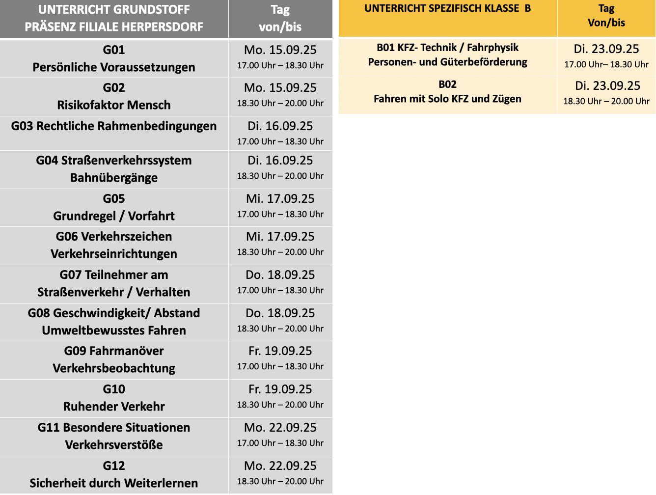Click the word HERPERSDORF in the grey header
click(x=164, y=27)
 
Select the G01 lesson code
click(x=114, y=50)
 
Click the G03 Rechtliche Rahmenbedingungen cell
click(x=114, y=126)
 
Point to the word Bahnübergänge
click(x=114, y=178)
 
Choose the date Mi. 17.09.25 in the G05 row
click(x=280, y=199)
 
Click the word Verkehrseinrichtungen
click(x=114, y=254)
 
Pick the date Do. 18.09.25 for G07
click(x=280, y=275)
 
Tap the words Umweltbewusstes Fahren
click(x=114, y=330)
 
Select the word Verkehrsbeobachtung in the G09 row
click(x=114, y=368)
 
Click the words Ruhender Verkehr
click(x=114, y=407)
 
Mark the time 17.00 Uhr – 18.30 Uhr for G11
click(x=280, y=443)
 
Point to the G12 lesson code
click(x=114, y=466)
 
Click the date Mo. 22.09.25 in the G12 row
click(x=280, y=466)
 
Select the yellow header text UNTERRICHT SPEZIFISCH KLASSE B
click(x=448, y=8)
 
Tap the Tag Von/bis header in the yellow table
click(x=606, y=16)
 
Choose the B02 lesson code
click(x=448, y=84)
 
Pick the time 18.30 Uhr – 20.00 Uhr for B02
click(x=606, y=101)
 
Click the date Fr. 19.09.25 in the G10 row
click(x=280, y=389)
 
